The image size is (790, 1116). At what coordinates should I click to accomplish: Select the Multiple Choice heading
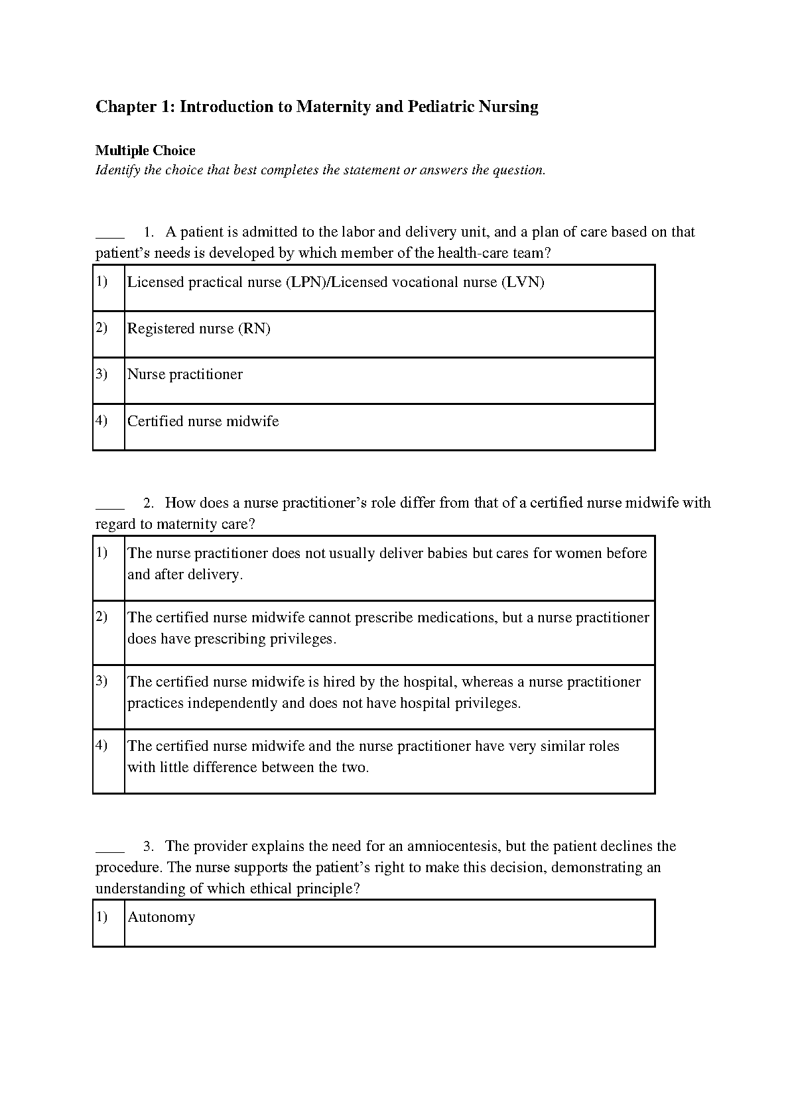tap(145, 150)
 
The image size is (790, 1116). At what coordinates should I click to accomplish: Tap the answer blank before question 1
tap(110, 233)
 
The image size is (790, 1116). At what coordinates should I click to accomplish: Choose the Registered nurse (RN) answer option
tap(199, 329)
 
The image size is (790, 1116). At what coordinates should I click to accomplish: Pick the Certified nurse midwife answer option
tap(203, 421)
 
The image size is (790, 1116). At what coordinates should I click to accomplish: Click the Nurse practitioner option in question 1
tap(185, 374)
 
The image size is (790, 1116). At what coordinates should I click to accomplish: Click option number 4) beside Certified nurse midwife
tap(101, 420)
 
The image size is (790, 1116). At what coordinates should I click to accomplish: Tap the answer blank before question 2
tap(110, 504)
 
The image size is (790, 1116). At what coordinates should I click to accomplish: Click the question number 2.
tap(149, 503)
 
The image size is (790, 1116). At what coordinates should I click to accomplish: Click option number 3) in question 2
tap(101, 681)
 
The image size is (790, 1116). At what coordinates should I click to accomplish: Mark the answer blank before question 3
tap(110, 847)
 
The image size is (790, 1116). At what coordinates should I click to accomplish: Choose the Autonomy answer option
tap(161, 917)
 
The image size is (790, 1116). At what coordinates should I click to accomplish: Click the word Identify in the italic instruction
tap(118, 170)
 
